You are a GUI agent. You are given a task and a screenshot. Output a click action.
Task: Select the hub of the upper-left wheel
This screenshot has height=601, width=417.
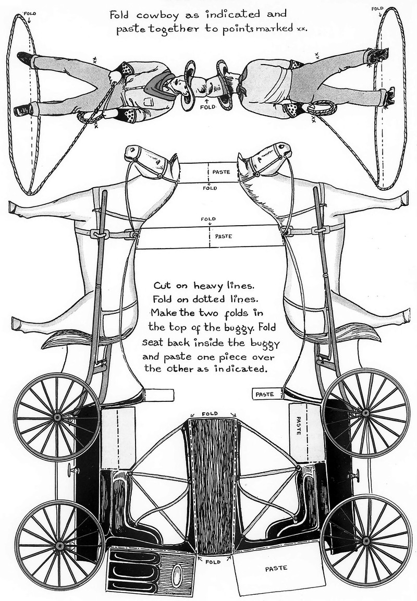pyautogui.click(x=57, y=417)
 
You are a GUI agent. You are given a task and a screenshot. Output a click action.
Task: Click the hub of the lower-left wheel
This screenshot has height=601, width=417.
pyautogui.click(x=59, y=545)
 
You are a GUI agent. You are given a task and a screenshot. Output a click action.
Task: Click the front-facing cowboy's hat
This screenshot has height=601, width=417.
pyautogui.click(x=190, y=85)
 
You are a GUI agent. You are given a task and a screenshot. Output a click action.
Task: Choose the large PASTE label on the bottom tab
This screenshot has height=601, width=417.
pyautogui.click(x=275, y=568)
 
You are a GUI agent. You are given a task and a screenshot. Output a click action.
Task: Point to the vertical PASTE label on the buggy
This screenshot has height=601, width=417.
pyautogui.click(x=298, y=427)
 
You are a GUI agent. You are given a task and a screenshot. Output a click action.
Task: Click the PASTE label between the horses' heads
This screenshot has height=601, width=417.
pyautogui.click(x=218, y=170)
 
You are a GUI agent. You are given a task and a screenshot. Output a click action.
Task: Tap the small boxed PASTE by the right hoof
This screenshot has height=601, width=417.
pyautogui.click(x=264, y=395)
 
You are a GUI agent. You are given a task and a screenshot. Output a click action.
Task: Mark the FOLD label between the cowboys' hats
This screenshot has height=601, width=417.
pyautogui.click(x=208, y=108)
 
